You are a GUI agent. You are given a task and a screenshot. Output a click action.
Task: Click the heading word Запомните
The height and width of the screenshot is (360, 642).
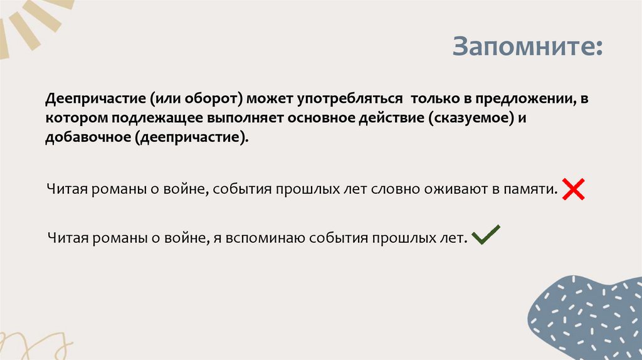(527, 48)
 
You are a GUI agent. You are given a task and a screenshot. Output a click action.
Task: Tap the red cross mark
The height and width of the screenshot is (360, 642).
(573, 189)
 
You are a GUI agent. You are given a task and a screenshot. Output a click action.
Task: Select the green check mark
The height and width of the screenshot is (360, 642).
(485, 235)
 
